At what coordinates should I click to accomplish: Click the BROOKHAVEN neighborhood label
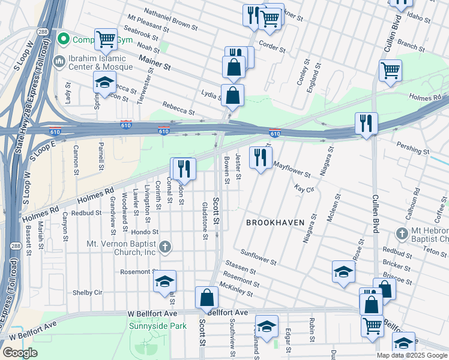(275, 223)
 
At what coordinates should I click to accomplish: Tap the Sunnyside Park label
(158, 326)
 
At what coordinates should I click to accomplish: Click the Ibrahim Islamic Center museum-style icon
(59, 61)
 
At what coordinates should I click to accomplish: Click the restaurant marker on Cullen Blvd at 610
(366, 124)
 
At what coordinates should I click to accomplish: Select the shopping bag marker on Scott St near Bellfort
(206, 298)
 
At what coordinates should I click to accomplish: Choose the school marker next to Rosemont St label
(164, 282)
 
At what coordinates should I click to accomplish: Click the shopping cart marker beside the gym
(106, 40)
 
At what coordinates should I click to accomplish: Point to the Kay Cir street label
(304, 188)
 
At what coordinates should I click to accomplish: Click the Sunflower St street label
(258, 258)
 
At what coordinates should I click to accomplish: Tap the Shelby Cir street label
(88, 293)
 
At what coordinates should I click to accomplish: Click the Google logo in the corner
(20, 353)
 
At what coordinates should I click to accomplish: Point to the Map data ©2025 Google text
(412, 355)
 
